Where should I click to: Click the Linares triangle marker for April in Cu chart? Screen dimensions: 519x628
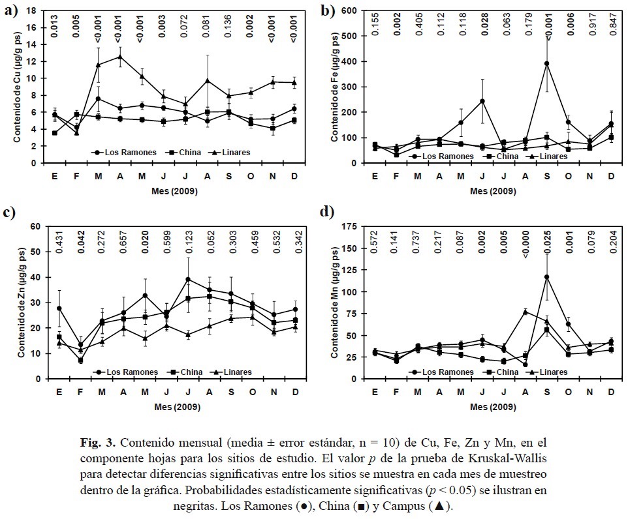pyautogui.click(x=119, y=57)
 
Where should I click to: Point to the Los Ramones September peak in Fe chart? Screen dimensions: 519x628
pyautogui.click(x=546, y=63)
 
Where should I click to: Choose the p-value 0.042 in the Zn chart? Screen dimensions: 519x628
pyautogui.click(x=80, y=243)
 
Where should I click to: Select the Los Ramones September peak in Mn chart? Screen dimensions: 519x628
pyautogui.click(x=546, y=277)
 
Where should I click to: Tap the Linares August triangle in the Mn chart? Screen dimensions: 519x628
pyautogui.click(x=525, y=312)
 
